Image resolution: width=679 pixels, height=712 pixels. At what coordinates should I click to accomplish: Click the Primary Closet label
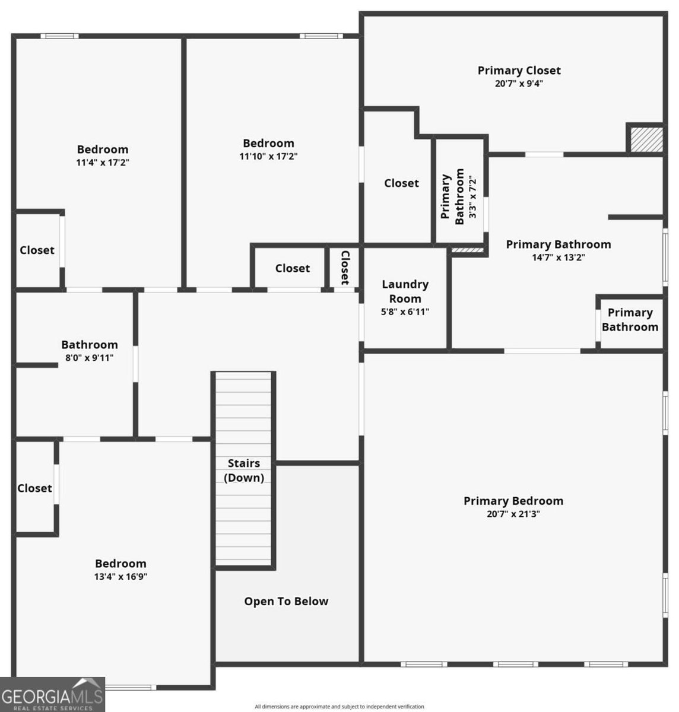(x=519, y=71)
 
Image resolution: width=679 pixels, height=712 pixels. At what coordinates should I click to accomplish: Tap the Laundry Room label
(x=405, y=291)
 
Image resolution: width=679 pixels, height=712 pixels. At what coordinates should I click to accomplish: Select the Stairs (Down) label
(x=244, y=470)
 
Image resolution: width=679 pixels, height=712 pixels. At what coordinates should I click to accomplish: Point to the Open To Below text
(x=286, y=601)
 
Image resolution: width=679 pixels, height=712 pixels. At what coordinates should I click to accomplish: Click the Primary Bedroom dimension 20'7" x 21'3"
(x=513, y=514)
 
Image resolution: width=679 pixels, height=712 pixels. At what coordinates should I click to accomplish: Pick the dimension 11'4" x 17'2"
(x=103, y=162)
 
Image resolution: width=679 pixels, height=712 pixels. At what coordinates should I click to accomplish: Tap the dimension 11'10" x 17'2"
(x=268, y=157)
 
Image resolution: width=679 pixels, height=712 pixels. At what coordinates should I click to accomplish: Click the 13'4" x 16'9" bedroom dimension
(x=120, y=577)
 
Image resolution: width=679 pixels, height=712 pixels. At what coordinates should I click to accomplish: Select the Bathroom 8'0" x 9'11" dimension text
(x=90, y=358)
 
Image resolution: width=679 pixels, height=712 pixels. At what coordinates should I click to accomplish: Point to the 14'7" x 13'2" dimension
(x=558, y=258)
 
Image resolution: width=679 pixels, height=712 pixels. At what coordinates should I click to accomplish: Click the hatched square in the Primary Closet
(x=646, y=139)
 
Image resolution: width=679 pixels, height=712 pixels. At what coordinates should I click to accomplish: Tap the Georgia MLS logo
(x=52, y=695)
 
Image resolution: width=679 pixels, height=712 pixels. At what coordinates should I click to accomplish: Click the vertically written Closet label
(x=345, y=267)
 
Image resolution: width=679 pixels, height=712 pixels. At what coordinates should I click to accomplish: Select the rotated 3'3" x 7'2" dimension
(x=473, y=196)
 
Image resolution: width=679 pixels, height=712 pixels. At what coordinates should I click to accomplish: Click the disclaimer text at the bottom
(x=339, y=707)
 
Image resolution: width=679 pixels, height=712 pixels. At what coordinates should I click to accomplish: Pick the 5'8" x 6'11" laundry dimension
(x=405, y=311)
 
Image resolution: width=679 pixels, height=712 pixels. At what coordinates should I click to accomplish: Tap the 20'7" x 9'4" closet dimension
(x=519, y=84)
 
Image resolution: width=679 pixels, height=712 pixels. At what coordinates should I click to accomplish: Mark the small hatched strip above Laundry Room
(x=468, y=250)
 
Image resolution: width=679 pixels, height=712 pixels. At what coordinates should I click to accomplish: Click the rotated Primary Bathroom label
(x=452, y=196)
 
